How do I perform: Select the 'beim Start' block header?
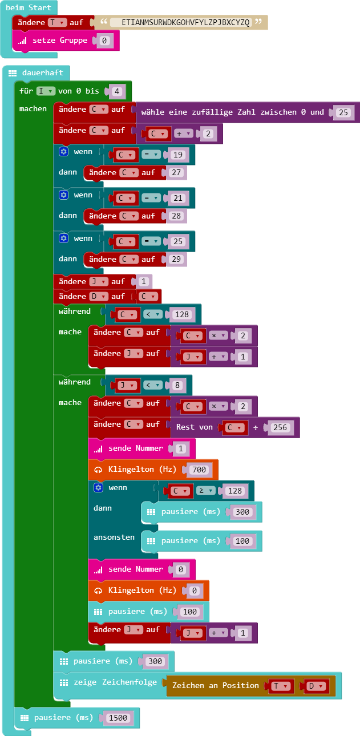pos(29,8)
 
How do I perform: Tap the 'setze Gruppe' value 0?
pos(104,41)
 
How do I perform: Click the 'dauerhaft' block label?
pos(43,73)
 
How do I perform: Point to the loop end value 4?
pos(116,91)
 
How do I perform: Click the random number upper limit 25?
pos(343,112)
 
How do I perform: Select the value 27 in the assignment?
pos(177,173)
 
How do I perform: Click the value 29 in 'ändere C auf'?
pos(177,260)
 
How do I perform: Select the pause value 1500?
pos(118,718)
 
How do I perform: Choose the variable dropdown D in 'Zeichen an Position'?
pos(315,686)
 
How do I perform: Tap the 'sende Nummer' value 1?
pos(180,448)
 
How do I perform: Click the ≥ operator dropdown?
pos(208,491)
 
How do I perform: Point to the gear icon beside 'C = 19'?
pos(64,152)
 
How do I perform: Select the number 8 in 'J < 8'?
pos(177,385)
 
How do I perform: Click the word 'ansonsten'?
pos(114,537)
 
